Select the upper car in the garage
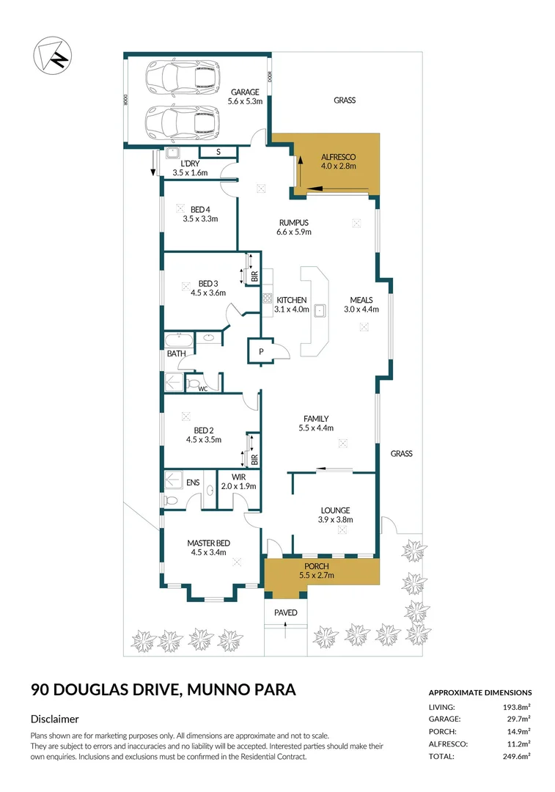pyautogui.click(x=182, y=77)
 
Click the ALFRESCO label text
pyautogui.click(x=338, y=157)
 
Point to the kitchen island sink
pyautogui.click(x=320, y=311)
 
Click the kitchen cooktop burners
pyautogui.click(x=268, y=299)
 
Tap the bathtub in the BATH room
pyautogui.click(x=180, y=340)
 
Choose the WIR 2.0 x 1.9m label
pyautogui.click(x=238, y=482)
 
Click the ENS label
pyautogui.click(x=193, y=482)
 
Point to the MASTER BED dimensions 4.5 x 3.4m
pyautogui.click(x=208, y=553)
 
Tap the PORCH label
pyautogui.click(x=317, y=566)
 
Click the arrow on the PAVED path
pyautogui.click(x=286, y=625)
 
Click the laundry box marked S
pyautogui.click(x=218, y=152)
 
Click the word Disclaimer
pyautogui.click(x=55, y=719)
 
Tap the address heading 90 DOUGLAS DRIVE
pyautogui.click(x=106, y=689)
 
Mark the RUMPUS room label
pyautogui.click(x=293, y=222)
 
